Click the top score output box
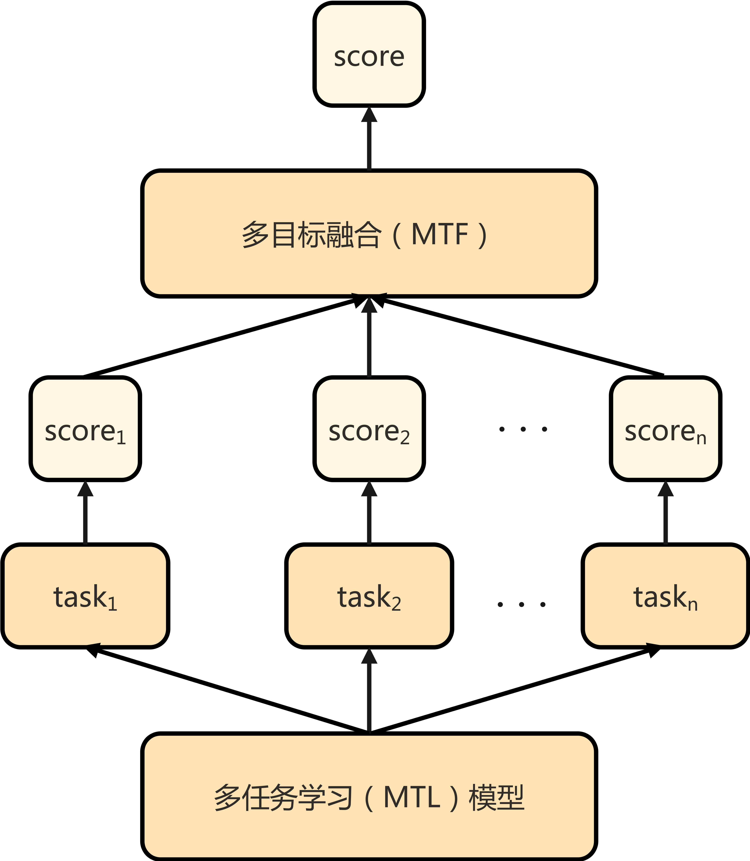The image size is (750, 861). click(x=369, y=54)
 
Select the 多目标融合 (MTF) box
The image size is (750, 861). click(x=369, y=233)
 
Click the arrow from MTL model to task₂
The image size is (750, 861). click(x=369, y=691)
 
